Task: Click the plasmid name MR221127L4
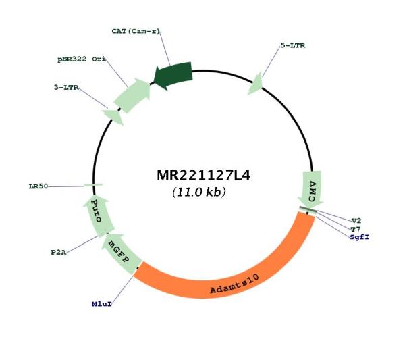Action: click(x=203, y=175)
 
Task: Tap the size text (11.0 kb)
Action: click(x=199, y=192)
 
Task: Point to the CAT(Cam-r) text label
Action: click(x=136, y=31)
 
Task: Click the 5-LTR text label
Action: click(x=293, y=45)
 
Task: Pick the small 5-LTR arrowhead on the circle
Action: click(x=256, y=84)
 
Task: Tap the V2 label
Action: click(x=356, y=221)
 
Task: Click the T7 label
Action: click(x=356, y=229)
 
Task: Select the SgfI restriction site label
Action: click(x=360, y=237)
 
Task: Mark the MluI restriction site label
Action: click(x=102, y=304)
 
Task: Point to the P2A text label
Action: click(x=59, y=252)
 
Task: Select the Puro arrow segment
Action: click(x=98, y=215)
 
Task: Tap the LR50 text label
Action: click(x=38, y=186)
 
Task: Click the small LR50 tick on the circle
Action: click(x=93, y=185)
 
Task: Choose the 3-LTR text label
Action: click(x=66, y=88)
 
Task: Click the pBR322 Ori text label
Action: click(x=82, y=59)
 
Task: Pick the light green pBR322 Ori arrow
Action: click(x=132, y=95)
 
